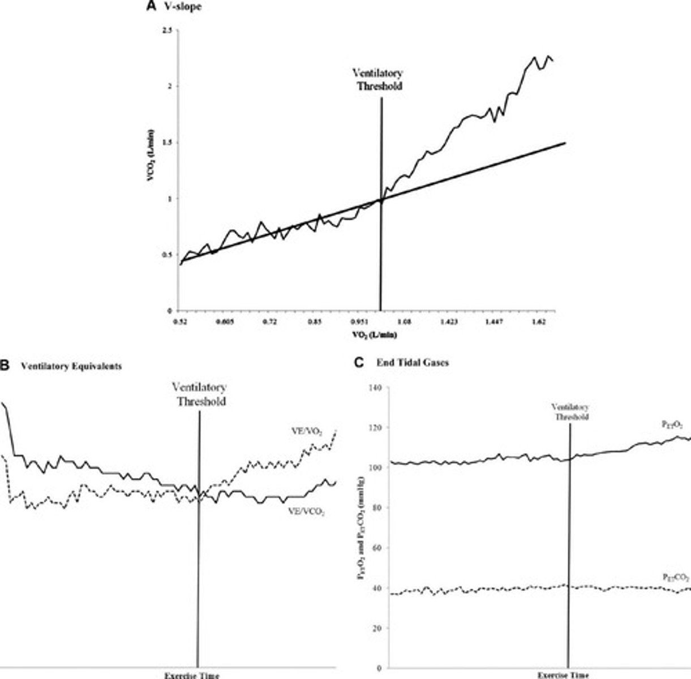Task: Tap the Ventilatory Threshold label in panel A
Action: pyautogui.click(x=378, y=80)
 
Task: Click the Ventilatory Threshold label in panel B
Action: pyautogui.click(x=199, y=394)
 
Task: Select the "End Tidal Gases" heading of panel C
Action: pyautogui.click(x=413, y=363)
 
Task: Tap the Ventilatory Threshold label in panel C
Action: pyautogui.click(x=570, y=412)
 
